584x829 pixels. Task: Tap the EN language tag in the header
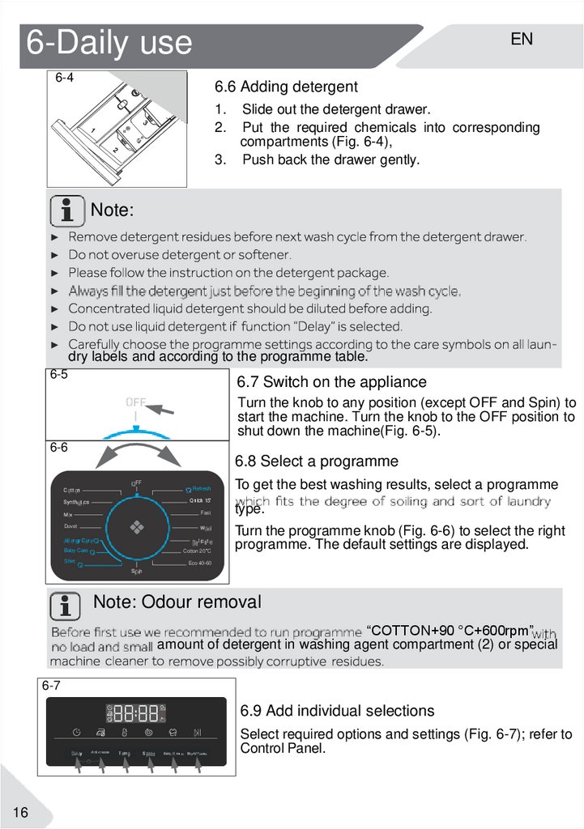(x=522, y=39)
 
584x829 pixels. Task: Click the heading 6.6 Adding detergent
(x=286, y=87)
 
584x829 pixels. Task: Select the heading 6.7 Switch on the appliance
(x=331, y=382)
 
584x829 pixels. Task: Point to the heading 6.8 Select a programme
(x=317, y=461)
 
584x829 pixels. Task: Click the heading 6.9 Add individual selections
(x=337, y=711)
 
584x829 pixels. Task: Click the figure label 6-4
(x=65, y=79)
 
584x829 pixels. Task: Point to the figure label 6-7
(x=51, y=686)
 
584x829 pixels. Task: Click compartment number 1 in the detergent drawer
(x=93, y=131)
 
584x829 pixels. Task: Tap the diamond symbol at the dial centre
(x=136, y=527)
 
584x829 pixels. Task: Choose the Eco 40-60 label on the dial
(x=199, y=563)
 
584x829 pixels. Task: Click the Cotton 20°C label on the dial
(x=197, y=551)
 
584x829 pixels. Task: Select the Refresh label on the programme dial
(x=199, y=489)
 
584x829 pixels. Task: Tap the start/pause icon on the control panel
(x=198, y=733)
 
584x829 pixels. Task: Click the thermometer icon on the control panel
(x=125, y=733)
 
